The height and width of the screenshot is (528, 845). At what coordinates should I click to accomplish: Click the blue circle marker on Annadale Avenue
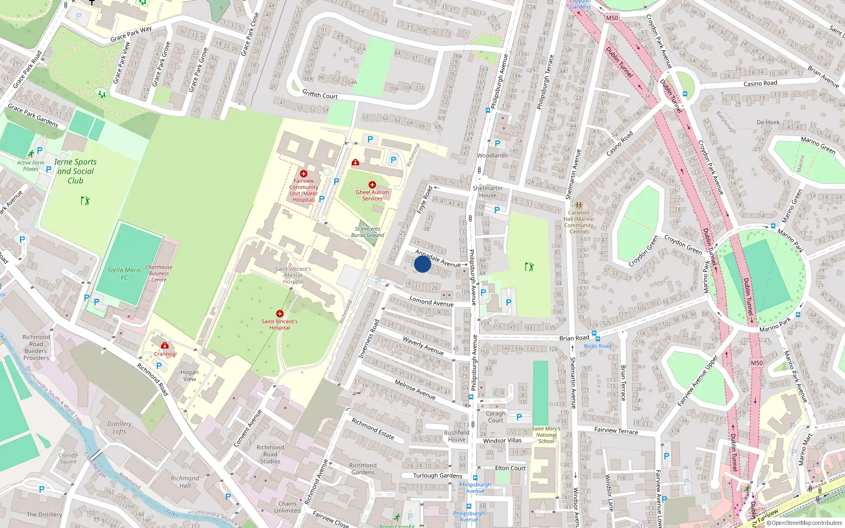[x=422, y=264]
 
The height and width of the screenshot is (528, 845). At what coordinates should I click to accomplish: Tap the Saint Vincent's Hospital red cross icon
[x=280, y=314]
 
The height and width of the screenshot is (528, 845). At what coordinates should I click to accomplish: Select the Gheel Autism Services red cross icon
[x=372, y=185]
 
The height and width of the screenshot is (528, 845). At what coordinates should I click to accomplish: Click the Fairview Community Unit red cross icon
[x=304, y=174]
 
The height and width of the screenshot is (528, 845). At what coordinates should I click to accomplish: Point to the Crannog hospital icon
[x=165, y=346]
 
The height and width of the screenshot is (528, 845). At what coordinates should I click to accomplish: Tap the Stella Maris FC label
[x=124, y=274]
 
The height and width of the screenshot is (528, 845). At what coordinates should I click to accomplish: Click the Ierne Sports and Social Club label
[x=75, y=171]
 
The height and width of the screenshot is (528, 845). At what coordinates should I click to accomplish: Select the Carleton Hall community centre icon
[x=579, y=205]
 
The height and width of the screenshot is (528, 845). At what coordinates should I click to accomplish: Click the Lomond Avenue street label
[x=431, y=302]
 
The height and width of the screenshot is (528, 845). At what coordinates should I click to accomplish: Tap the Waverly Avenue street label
[x=423, y=345]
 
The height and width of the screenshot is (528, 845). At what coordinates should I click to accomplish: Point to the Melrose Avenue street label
[x=415, y=389]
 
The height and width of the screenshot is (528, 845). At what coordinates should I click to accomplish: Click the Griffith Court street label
[x=320, y=95]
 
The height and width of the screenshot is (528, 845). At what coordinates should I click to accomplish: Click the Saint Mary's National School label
[x=546, y=435]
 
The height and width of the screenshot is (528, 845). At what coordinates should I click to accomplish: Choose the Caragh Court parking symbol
[x=519, y=417]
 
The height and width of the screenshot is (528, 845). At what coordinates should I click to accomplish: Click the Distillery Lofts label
[x=119, y=428]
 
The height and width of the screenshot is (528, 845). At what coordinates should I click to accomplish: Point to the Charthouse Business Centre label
[x=158, y=273]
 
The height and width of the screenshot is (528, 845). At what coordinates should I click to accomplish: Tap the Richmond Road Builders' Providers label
[x=36, y=347]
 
